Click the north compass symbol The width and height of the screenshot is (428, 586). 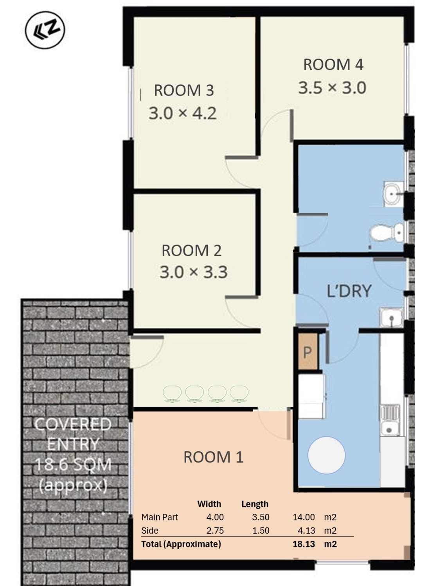pos(45,30)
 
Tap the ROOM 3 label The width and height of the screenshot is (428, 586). pos(184,91)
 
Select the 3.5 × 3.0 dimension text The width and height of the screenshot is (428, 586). pos(332,88)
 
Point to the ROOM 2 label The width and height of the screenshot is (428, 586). pos(191,250)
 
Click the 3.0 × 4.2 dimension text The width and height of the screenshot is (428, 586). pos(183,113)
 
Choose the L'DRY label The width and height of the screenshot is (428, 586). pos(349,291)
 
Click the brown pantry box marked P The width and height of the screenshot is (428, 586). pos(308,352)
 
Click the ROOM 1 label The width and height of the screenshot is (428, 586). pos(214,457)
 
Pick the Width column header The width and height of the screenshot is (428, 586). pos(209,504)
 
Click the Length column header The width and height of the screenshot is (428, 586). pos(255,504)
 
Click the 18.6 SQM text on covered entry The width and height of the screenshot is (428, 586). pos(73,465)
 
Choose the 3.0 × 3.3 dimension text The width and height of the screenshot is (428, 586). pos(194,272)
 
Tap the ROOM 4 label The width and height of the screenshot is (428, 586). pos(333,64)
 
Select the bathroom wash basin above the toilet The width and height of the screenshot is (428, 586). pos(394,194)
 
